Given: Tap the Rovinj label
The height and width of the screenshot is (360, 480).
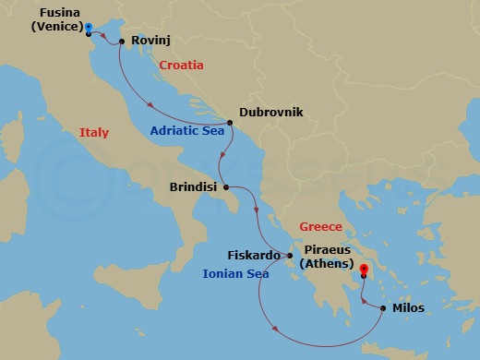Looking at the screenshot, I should pyautogui.click(x=150, y=42).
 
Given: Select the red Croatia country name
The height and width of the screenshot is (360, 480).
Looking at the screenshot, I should pyautogui.click(x=181, y=66).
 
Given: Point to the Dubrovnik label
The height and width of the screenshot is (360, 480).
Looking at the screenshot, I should pyautogui.click(x=270, y=113).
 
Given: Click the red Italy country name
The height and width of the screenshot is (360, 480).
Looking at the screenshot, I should pyautogui.click(x=93, y=133).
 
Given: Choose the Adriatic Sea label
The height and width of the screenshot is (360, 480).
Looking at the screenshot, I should pyautogui.click(x=188, y=131).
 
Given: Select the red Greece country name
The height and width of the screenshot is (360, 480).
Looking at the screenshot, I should pyautogui.click(x=320, y=227).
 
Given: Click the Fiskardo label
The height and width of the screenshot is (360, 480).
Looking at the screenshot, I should pyautogui.click(x=253, y=256).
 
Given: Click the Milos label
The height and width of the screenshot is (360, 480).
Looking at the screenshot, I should pyautogui.click(x=408, y=308).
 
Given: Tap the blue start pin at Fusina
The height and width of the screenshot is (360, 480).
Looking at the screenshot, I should pyautogui.click(x=88, y=28).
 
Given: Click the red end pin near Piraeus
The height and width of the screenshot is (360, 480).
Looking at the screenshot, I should pyautogui.click(x=364, y=270).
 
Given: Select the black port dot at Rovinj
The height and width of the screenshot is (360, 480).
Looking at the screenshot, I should pyautogui.click(x=122, y=42).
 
